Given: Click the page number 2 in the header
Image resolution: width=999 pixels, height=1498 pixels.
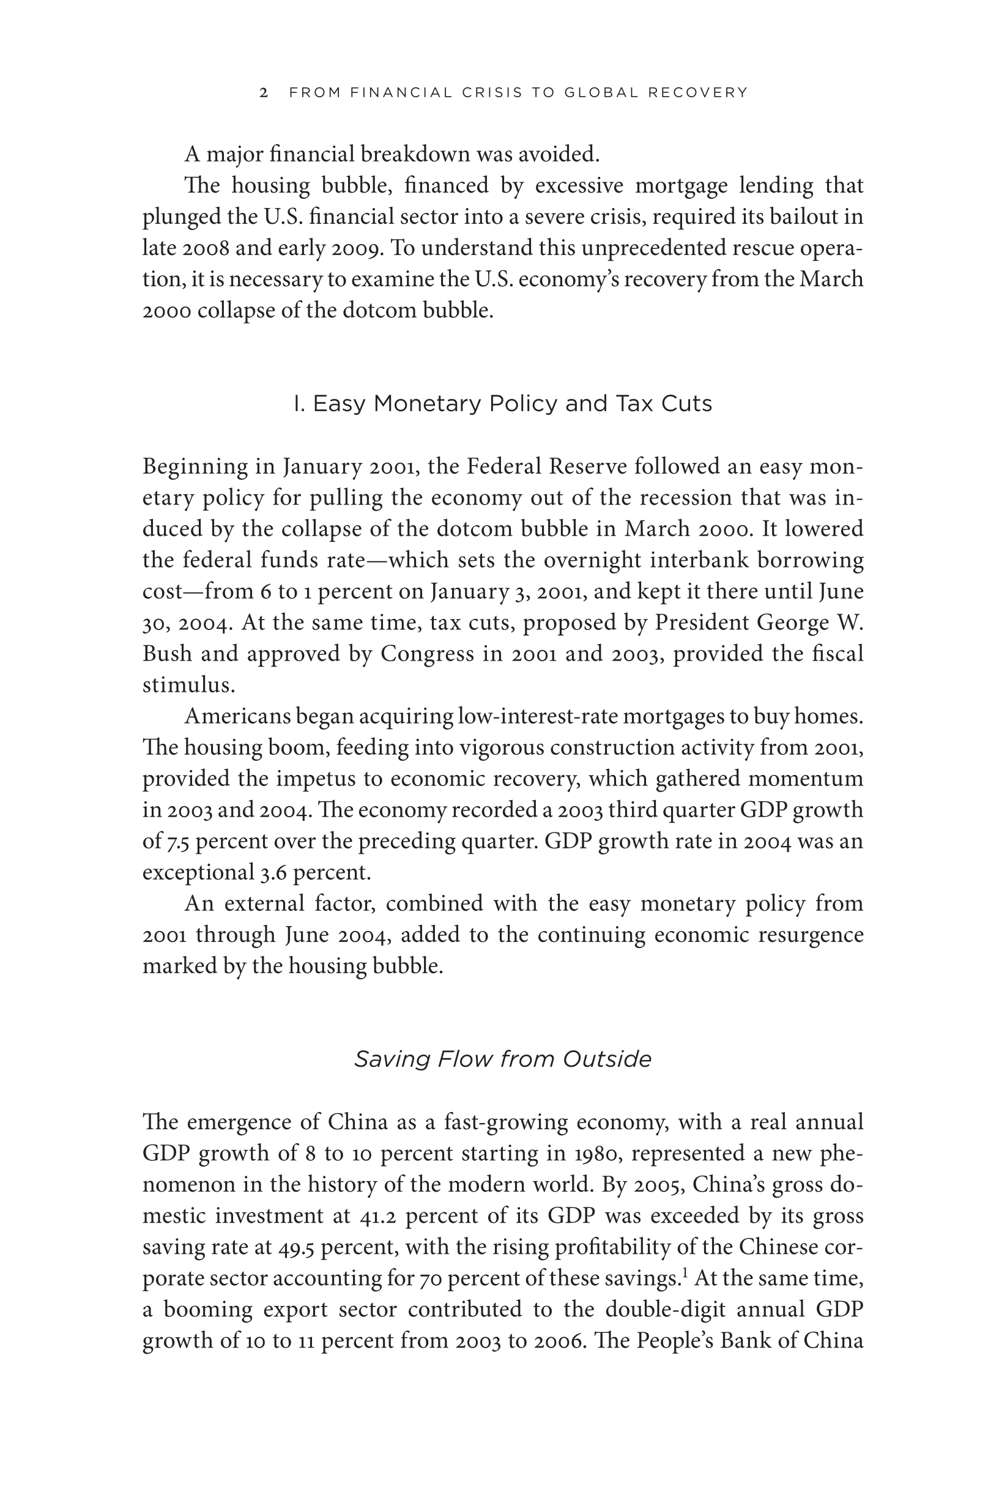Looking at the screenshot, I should (264, 93).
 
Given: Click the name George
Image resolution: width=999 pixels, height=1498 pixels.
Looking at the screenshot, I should (793, 623).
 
